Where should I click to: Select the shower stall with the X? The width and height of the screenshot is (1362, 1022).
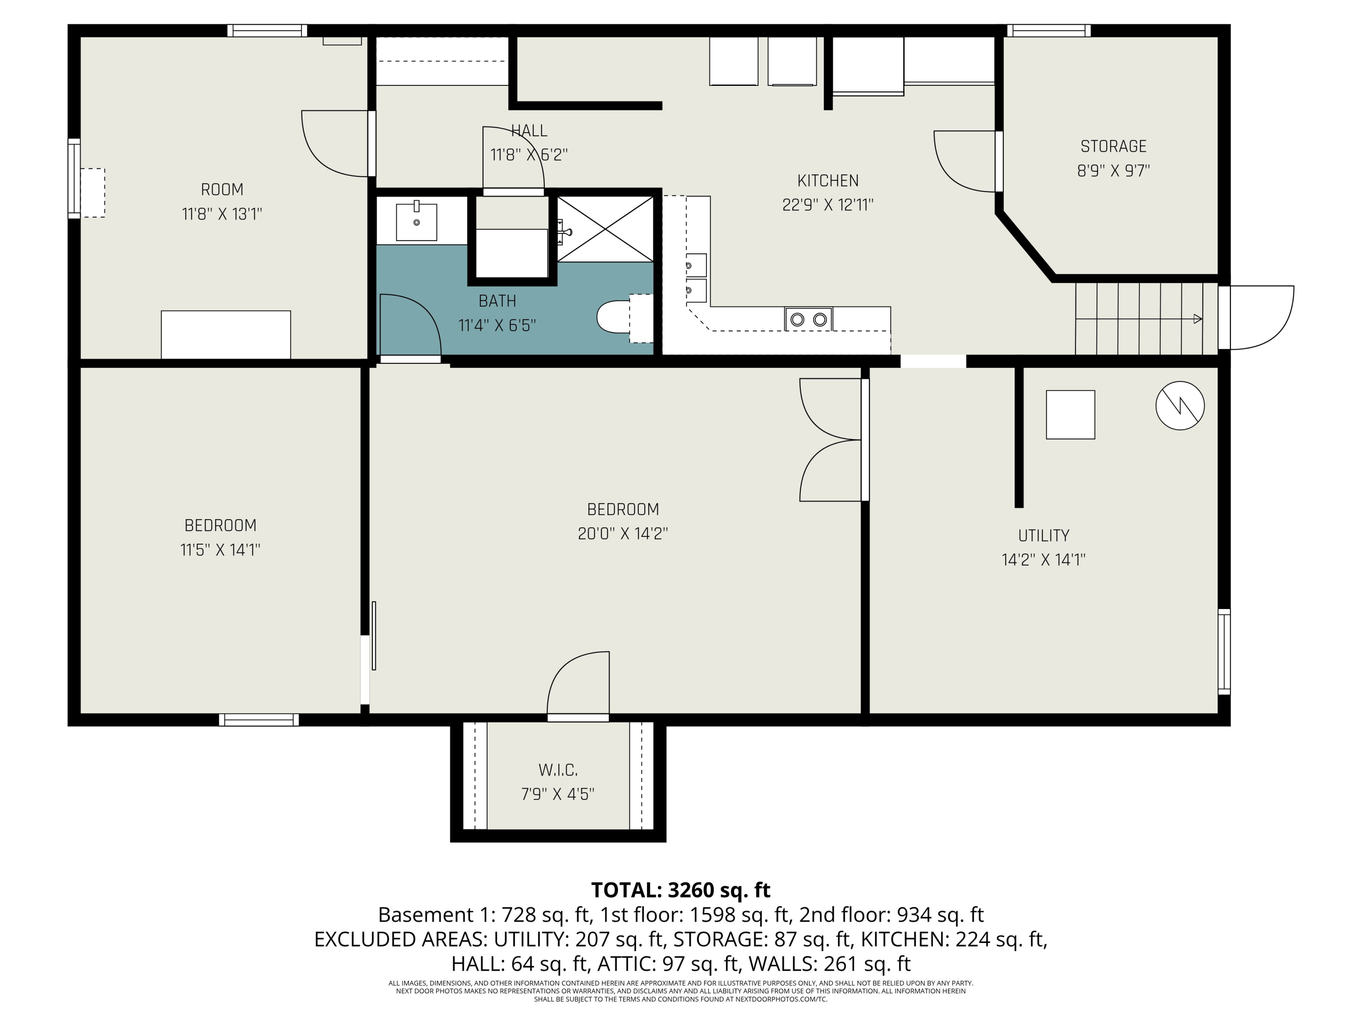click(605, 228)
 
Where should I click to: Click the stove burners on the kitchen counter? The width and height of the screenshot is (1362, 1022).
click(809, 319)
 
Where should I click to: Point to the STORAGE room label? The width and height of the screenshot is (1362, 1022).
click(1113, 147)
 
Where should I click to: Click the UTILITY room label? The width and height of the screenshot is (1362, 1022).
click(1044, 536)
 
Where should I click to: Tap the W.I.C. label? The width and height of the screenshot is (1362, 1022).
click(558, 770)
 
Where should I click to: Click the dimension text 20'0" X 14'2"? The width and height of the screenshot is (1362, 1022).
click(622, 534)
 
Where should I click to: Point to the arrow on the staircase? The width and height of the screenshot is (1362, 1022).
click(1139, 319)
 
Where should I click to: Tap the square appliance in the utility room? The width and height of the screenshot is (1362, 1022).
click(1070, 415)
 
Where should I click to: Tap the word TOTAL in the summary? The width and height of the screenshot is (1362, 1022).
click(626, 890)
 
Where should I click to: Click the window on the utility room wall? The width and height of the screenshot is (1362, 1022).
click(1224, 652)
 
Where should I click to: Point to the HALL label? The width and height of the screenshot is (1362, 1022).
click(529, 131)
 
